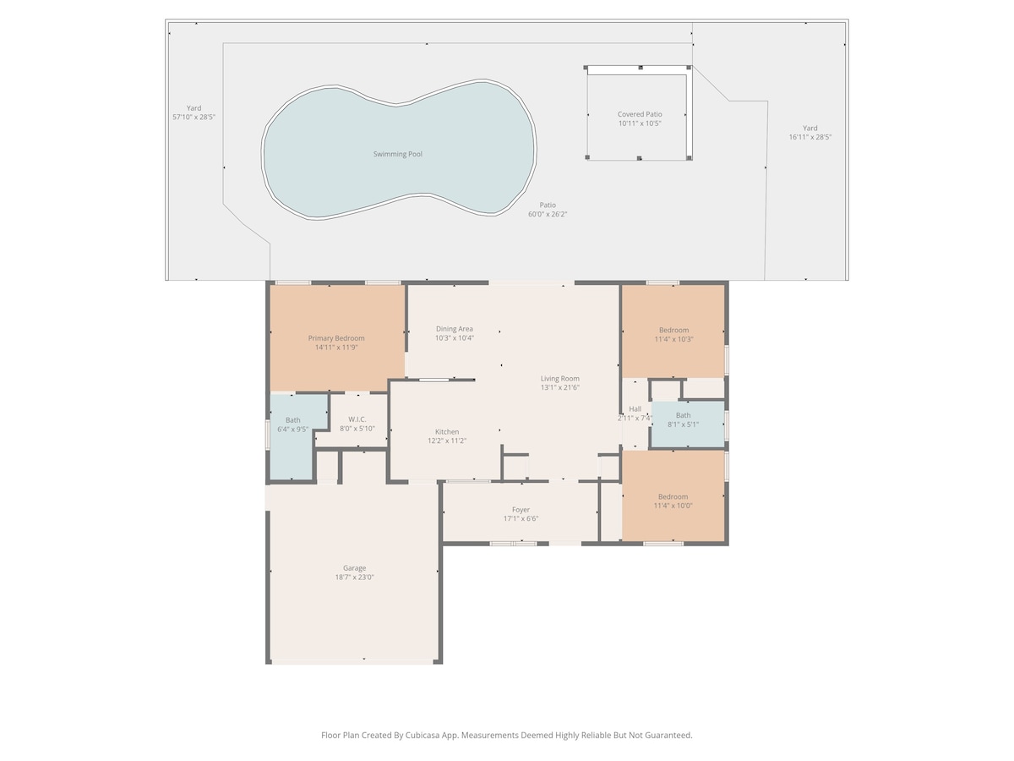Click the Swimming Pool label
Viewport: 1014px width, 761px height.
click(x=397, y=154)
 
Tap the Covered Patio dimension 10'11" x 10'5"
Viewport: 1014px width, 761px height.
click(x=640, y=123)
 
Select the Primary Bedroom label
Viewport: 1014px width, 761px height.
click(x=336, y=338)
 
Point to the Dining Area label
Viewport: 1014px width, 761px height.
click(x=454, y=329)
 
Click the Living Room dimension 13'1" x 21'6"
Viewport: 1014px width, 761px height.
click(x=560, y=387)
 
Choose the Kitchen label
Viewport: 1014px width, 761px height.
click(x=447, y=431)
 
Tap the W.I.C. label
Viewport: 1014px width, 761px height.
click(x=357, y=419)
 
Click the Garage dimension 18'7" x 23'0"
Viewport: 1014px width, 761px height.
click(x=354, y=578)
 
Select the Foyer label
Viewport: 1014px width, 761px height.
click(x=521, y=510)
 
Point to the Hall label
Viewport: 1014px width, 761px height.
click(x=635, y=409)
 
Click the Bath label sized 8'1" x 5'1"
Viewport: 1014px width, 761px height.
click(x=684, y=415)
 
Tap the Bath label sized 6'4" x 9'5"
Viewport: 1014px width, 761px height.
click(x=293, y=420)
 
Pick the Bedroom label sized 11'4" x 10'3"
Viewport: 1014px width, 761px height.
click(x=673, y=330)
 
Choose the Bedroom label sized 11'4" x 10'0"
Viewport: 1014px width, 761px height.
click(x=673, y=496)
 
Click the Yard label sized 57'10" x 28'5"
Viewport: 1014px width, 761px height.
click(x=194, y=108)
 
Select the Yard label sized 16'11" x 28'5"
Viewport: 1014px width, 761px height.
click(x=810, y=128)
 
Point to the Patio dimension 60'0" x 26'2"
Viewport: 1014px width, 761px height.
click(x=548, y=215)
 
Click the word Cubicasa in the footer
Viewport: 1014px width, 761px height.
click(x=422, y=735)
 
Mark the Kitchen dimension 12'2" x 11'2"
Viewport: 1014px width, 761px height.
click(x=447, y=441)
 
